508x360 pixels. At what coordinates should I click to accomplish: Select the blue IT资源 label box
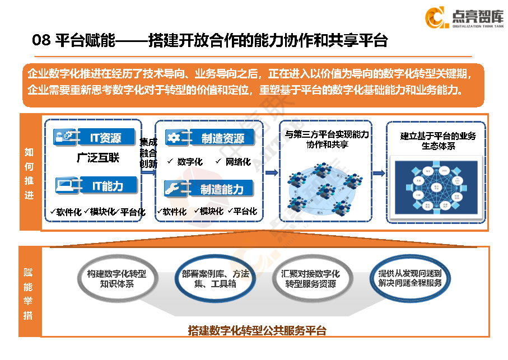[x=105, y=137]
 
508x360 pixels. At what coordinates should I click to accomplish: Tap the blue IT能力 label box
[x=107, y=185]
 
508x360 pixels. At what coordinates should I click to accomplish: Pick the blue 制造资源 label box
[x=222, y=138]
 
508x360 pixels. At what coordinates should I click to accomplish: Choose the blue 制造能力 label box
[x=222, y=189]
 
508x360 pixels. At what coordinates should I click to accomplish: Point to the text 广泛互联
[x=98, y=158]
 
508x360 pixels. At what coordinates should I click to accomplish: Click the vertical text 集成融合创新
[x=148, y=152]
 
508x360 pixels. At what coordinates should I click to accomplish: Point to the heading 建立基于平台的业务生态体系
[x=438, y=141]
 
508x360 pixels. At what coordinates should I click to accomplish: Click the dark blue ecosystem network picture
[x=437, y=188]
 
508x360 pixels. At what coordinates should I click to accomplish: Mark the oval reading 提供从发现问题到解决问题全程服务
[x=410, y=278]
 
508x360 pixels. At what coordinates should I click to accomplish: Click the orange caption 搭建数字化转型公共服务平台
[x=257, y=330]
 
